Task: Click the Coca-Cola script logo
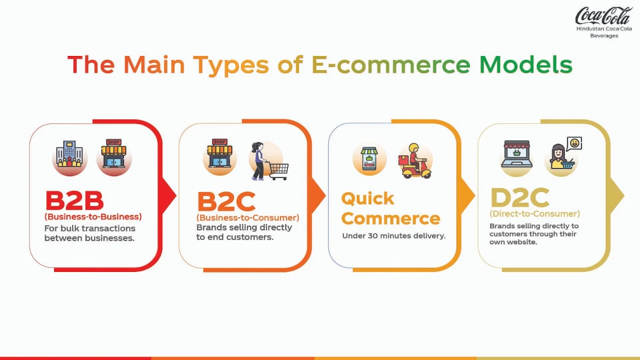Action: [603, 16]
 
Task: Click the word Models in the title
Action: [526, 64]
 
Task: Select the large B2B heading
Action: [74, 201]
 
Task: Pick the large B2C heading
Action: [226, 201]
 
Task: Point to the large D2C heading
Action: [520, 198]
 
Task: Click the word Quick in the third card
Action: [368, 199]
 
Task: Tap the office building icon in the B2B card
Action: [69, 154]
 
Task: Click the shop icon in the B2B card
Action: [114, 154]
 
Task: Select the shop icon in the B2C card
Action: [220, 153]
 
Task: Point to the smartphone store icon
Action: [369, 159]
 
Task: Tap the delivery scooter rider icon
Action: [415, 161]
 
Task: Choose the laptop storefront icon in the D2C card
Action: [517, 154]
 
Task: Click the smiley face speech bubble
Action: [574, 144]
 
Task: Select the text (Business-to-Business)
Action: [93, 217]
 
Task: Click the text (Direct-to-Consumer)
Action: [535, 214]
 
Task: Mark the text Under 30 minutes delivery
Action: [394, 236]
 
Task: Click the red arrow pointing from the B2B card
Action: [169, 196]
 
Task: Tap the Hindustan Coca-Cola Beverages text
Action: [604, 32]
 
